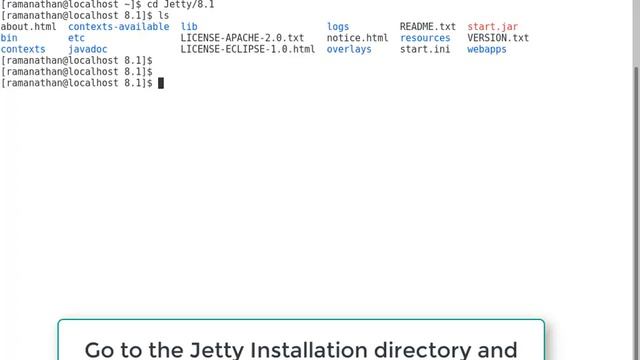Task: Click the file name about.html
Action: coord(29,27)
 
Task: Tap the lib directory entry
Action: coord(189,27)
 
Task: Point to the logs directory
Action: coord(338,27)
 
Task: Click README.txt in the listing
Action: coord(427,27)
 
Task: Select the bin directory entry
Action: coord(9,38)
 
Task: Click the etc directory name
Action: coord(76,38)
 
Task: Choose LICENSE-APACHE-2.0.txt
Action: coord(242,38)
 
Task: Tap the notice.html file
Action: coord(357,38)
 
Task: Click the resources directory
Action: coord(425,38)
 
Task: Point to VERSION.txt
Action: coord(498,38)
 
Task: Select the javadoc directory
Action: coord(88,49)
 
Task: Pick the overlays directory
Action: coord(349,49)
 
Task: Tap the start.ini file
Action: coord(424,49)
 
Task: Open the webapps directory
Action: coord(487,49)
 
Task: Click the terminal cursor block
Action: coord(160,83)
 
